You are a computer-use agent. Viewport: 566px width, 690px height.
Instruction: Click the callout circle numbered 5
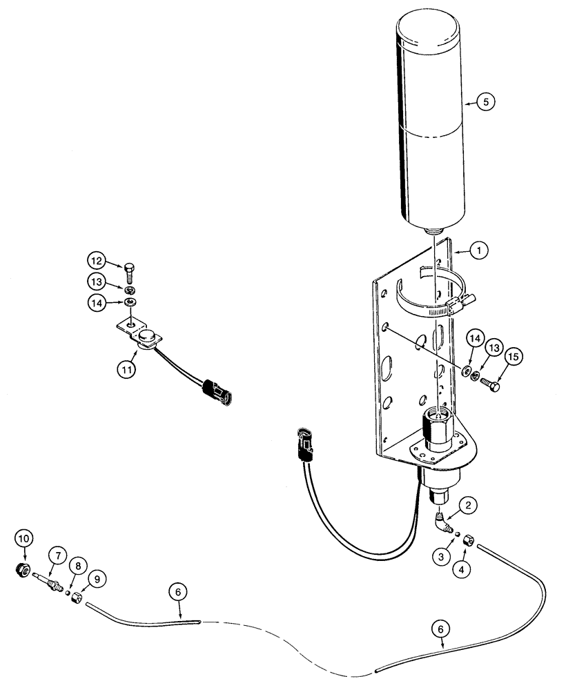(x=485, y=101)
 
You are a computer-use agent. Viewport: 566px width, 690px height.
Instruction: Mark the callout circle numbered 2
(x=469, y=506)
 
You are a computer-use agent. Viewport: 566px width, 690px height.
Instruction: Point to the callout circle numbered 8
(x=79, y=565)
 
